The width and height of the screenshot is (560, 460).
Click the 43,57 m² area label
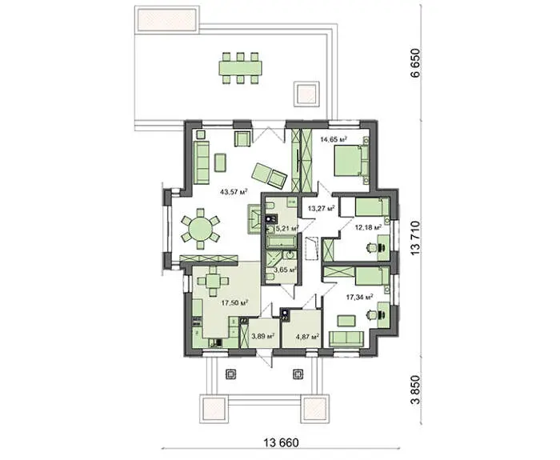click(234, 191)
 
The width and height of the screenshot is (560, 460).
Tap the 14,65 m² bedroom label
click(334, 139)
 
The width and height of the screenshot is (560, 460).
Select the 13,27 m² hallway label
click(321, 208)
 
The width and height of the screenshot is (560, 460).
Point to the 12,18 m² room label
click(368, 227)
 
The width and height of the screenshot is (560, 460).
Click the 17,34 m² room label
click(360, 297)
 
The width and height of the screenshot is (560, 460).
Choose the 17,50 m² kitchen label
click(234, 303)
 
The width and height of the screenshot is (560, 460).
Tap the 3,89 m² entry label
click(263, 336)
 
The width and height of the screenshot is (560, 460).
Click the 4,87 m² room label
click(307, 336)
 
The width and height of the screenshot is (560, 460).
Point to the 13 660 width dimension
click(281, 443)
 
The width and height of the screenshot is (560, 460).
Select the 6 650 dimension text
click(415, 62)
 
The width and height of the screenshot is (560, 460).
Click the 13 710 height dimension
click(415, 238)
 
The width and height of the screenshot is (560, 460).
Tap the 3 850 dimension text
click(415, 390)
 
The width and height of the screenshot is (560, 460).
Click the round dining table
click(200, 229)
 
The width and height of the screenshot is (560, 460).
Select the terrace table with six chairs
click(240, 68)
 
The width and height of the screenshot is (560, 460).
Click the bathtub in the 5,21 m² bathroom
click(281, 242)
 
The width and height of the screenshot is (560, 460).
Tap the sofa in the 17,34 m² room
click(346, 339)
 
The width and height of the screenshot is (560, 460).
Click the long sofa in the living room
click(202, 162)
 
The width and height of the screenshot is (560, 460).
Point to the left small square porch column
click(231, 374)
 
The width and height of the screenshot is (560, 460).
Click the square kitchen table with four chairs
click(214, 282)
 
